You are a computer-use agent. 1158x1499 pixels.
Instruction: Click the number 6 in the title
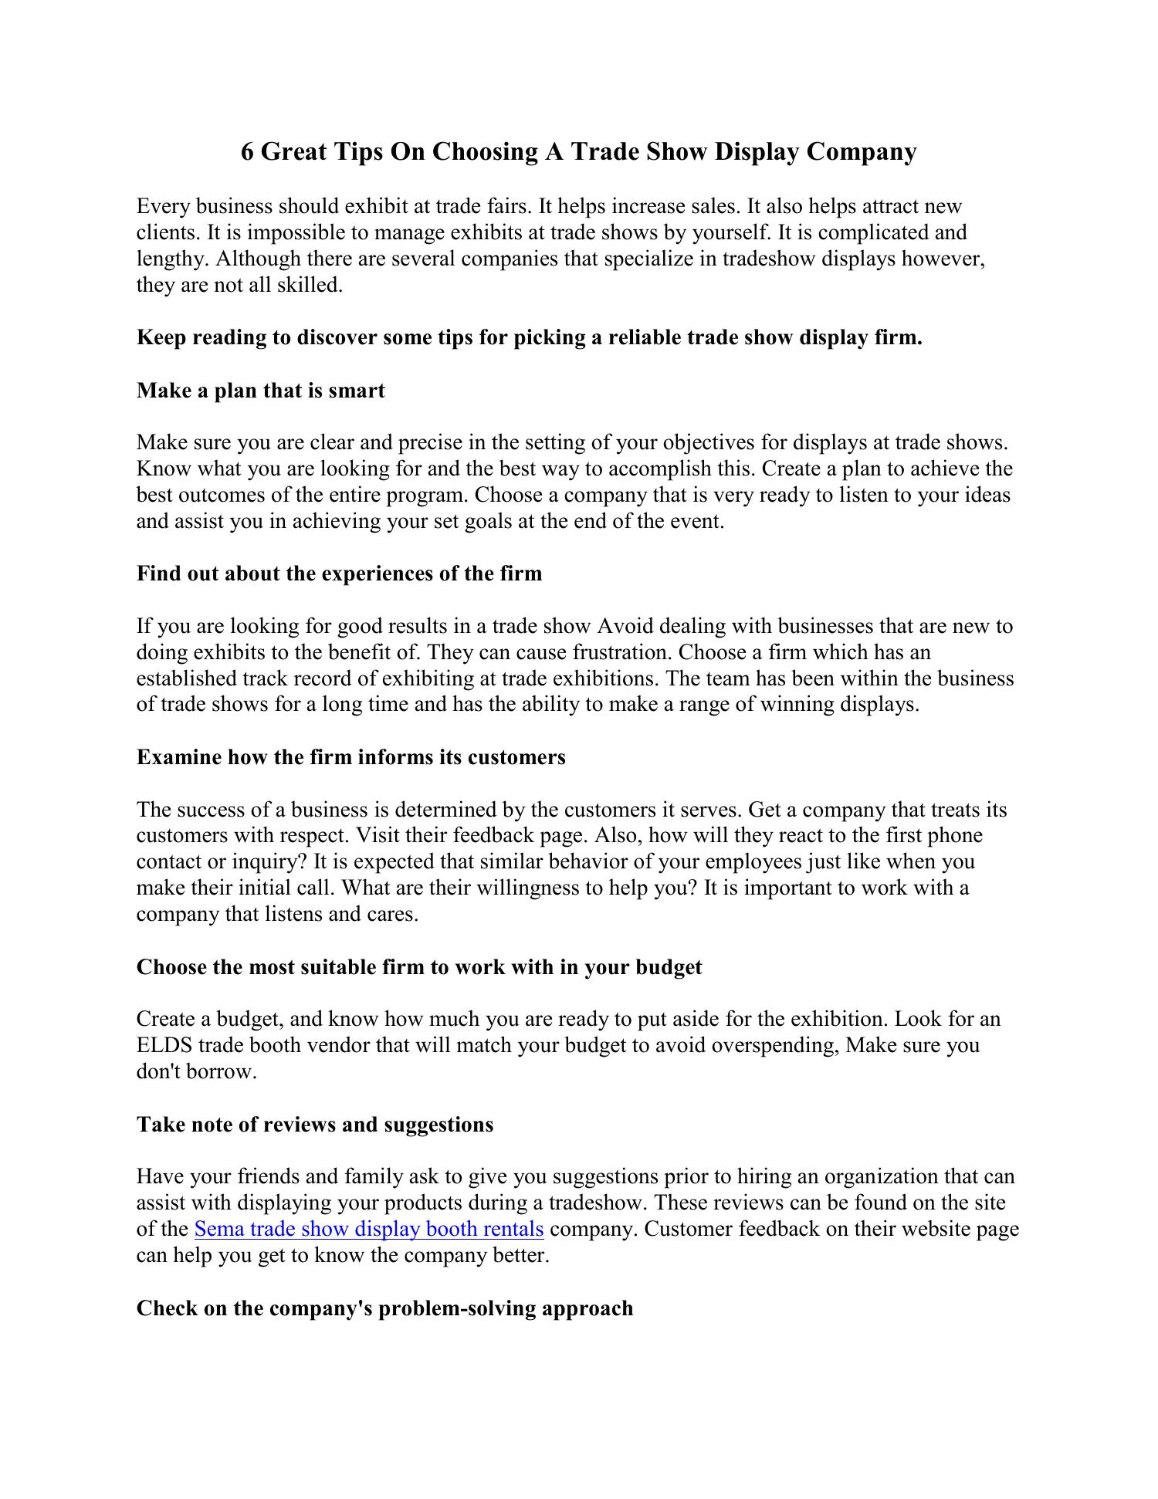click(x=248, y=151)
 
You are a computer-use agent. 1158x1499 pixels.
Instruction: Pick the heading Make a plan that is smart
click(x=260, y=391)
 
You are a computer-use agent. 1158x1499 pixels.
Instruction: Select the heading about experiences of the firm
click(x=339, y=574)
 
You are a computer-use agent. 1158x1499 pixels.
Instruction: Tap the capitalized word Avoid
click(x=625, y=626)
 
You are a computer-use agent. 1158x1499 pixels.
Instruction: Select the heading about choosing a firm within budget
click(x=419, y=967)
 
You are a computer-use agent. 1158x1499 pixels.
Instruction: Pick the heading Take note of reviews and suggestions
click(x=315, y=1125)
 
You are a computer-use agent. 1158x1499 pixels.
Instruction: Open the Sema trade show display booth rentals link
click(x=369, y=1229)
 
